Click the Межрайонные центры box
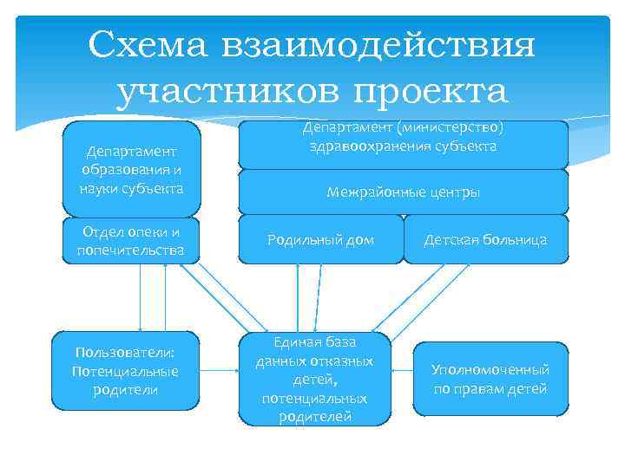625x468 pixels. pyautogui.click(x=403, y=192)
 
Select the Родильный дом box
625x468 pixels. pyautogui.click(x=319, y=239)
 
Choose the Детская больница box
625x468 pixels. pyautogui.click(x=485, y=239)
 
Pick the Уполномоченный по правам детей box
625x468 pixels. pyautogui.click(x=490, y=379)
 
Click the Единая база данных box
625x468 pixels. pyautogui.click(x=314, y=379)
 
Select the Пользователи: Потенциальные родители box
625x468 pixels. pyautogui.click(x=126, y=371)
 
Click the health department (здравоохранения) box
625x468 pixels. pyautogui.click(x=403, y=144)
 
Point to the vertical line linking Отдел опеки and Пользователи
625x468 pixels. pyautogui.click(x=141, y=296)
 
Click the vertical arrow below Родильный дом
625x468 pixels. pyautogui.click(x=298, y=296)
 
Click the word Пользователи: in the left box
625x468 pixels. pyautogui.click(x=126, y=353)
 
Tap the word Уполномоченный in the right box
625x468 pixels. pyautogui.click(x=490, y=370)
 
